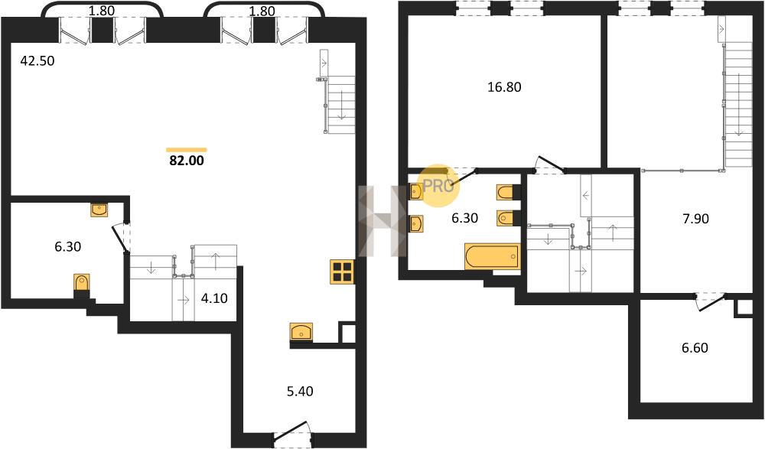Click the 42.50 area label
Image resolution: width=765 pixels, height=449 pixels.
tap(37, 61)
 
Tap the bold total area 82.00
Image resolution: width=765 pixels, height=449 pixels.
tap(187, 161)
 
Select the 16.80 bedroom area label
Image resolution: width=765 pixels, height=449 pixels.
tap(504, 87)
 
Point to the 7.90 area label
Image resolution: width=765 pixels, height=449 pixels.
tap(695, 219)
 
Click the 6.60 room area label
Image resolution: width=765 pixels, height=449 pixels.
tap(695, 348)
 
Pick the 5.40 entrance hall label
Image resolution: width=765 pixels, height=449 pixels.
tap(300, 392)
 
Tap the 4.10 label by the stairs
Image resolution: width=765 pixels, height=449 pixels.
tap(214, 298)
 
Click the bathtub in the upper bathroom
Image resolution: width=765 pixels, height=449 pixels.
tap(493, 256)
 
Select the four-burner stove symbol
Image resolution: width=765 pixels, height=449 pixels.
tap(343, 272)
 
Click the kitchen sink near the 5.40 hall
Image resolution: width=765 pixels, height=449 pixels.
tap(301, 332)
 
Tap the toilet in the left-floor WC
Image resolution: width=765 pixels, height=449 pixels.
tap(82, 284)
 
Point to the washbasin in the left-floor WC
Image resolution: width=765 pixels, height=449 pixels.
tap(99, 210)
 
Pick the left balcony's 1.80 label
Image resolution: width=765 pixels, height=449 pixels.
tap(102, 11)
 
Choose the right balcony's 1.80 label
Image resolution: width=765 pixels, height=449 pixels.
tap(262, 11)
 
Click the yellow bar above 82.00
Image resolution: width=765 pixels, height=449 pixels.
tap(187, 150)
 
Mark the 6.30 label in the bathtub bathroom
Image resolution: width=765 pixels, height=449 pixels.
tap(464, 218)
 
